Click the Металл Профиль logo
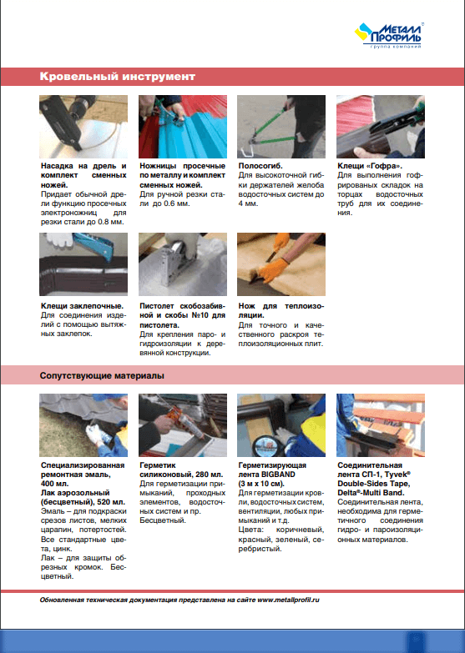pyautogui.click(x=389, y=35)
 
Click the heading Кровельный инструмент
pyautogui.click(x=118, y=77)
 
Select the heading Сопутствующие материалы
pyautogui.click(x=102, y=375)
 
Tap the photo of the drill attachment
pyautogui.click(x=83, y=127)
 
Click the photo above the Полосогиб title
pyautogui.click(x=281, y=127)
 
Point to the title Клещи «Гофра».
pyautogui.click(x=370, y=166)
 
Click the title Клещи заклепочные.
pyautogui.click(x=82, y=306)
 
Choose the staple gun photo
pyautogui.click(x=183, y=264)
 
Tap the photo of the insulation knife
pyautogui.click(x=281, y=264)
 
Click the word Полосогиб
pyautogui.click(x=260, y=166)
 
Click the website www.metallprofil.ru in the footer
pyautogui.click(x=288, y=600)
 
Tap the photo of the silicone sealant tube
pyautogui.click(x=183, y=425)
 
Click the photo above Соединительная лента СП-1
pyautogui.click(x=381, y=425)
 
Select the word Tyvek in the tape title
pyautogui.click(x=397, y=475)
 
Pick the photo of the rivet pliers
pyautogui.click(x=83, y=264)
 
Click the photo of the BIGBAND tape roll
pyautogui.click(x=281, y=425)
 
